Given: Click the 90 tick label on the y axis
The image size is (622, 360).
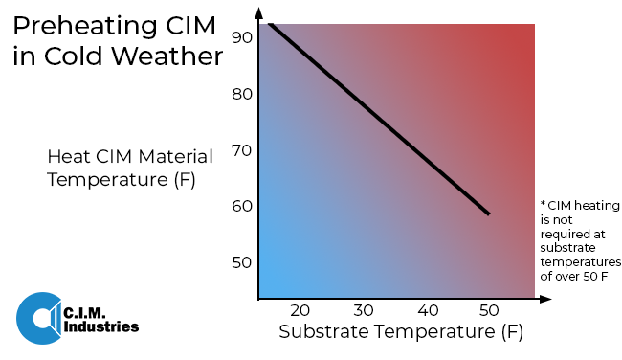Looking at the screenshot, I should [241, 37].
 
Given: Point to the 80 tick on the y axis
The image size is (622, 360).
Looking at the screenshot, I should [241, 94].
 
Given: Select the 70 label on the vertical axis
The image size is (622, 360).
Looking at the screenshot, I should [241, 150].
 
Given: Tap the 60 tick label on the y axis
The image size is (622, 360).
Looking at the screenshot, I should [241, 206].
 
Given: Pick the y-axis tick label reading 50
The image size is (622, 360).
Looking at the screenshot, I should [241, 262].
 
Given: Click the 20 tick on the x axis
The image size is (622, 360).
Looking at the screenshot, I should [300, 311].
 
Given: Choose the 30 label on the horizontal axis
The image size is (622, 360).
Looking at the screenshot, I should [363, 311].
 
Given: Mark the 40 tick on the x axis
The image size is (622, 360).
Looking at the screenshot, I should [427, 311].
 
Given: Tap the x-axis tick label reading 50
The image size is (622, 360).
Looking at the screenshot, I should [489, 311].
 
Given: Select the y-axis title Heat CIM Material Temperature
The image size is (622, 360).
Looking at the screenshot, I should [130, 168].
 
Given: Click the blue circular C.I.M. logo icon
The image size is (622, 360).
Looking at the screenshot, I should [38, 317].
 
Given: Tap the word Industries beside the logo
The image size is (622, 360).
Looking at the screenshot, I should [101, 327].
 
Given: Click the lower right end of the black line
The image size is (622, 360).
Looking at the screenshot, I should [489, 214].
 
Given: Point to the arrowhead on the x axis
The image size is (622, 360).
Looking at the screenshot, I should [546, 299].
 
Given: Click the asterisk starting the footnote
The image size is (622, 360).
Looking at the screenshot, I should [543, 205].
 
